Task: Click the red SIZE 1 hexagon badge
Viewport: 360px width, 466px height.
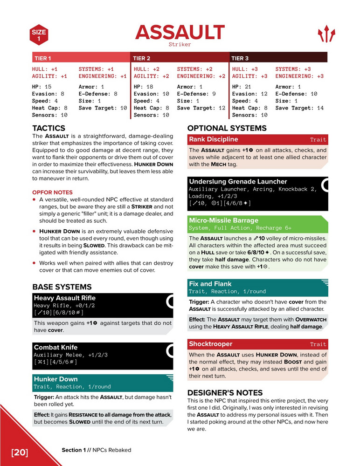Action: (x=39, y=35)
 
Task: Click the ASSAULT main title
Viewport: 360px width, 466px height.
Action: (x=180, y=32)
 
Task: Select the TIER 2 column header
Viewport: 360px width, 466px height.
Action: (x=141, y=58)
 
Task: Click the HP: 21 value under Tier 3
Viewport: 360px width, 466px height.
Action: (x=242, y=87)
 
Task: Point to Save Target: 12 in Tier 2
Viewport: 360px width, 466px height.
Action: (x=199, y=108)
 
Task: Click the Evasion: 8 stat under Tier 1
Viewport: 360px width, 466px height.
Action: (x=48, y=94)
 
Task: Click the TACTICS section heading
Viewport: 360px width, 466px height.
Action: (x=48, y=128)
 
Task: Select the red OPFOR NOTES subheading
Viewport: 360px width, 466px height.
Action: (x=52, y=192)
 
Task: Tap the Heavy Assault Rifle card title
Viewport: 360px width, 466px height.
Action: (x=64, y=298)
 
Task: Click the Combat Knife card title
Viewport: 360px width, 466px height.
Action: (x=55, y=347)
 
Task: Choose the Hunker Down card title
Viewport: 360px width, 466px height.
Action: (x=55, y=379)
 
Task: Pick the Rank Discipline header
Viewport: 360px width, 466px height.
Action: (x=213, y=139)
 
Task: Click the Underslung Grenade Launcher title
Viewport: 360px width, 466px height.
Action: (x=238, y=181)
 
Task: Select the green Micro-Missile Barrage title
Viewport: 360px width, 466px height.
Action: (x=223, y=220)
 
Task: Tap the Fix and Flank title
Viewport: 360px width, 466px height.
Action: (x=210, y=284)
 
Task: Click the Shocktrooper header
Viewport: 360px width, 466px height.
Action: (x=210, y=344)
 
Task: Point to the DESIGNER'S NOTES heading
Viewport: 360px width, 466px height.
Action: (x=225, y=392)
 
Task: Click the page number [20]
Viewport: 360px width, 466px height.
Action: (x=20, y=452)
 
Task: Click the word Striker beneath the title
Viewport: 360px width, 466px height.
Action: (x=180, y=45)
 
